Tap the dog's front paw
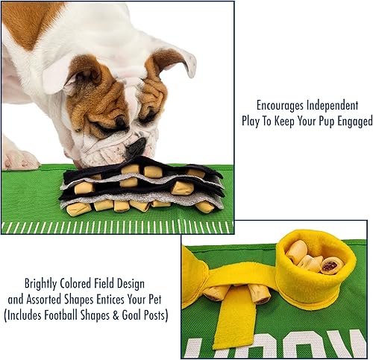point(19,159)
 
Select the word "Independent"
point(338,105)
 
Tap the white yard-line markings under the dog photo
point(112,227)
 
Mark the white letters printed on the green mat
point(298,346)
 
